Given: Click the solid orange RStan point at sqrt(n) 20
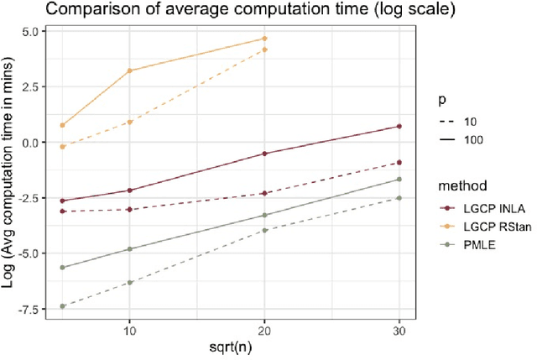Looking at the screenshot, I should click(264, 39).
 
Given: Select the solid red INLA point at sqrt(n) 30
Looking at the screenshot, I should click(399, 126).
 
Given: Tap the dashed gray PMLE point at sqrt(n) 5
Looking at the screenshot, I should click(63, 306).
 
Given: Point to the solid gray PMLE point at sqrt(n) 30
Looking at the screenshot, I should click(399, 179).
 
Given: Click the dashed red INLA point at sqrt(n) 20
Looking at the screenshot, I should click(264, 193).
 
